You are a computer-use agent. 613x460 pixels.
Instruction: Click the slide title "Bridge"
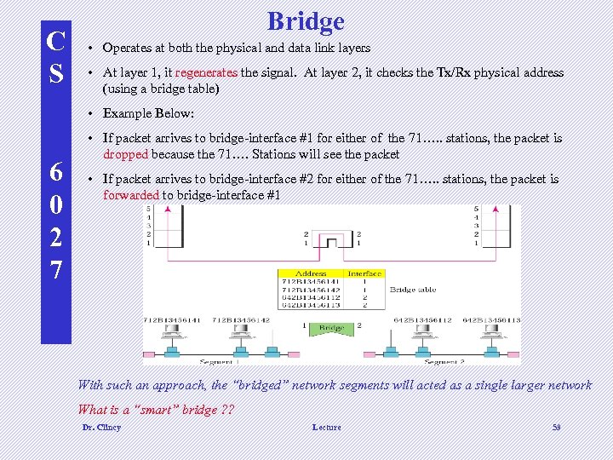(x=306, y=20)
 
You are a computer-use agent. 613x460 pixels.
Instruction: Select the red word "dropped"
(x=126, y=154)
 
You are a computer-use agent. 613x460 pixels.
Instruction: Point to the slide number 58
(x=556, y=427)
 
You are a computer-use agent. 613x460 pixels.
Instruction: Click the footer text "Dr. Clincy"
(x=101, y=427)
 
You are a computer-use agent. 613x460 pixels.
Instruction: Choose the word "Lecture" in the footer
(x=326, y=427)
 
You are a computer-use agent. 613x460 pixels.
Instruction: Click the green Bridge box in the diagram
(x=330, y=328)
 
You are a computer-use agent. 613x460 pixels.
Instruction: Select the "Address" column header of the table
(x=311, y=273)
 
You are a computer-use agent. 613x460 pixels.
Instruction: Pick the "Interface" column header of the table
(x=364, y=273)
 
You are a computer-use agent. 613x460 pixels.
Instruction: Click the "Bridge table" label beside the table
(x=414, y=290)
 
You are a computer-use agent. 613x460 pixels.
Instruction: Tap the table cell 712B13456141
(x=311, y=281)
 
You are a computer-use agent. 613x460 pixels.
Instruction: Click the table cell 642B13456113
(x=311, y=304)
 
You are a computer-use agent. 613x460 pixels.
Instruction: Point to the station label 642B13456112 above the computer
(x=422, y=320)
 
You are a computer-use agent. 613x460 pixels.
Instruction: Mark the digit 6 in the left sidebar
(x=55, y=174)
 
